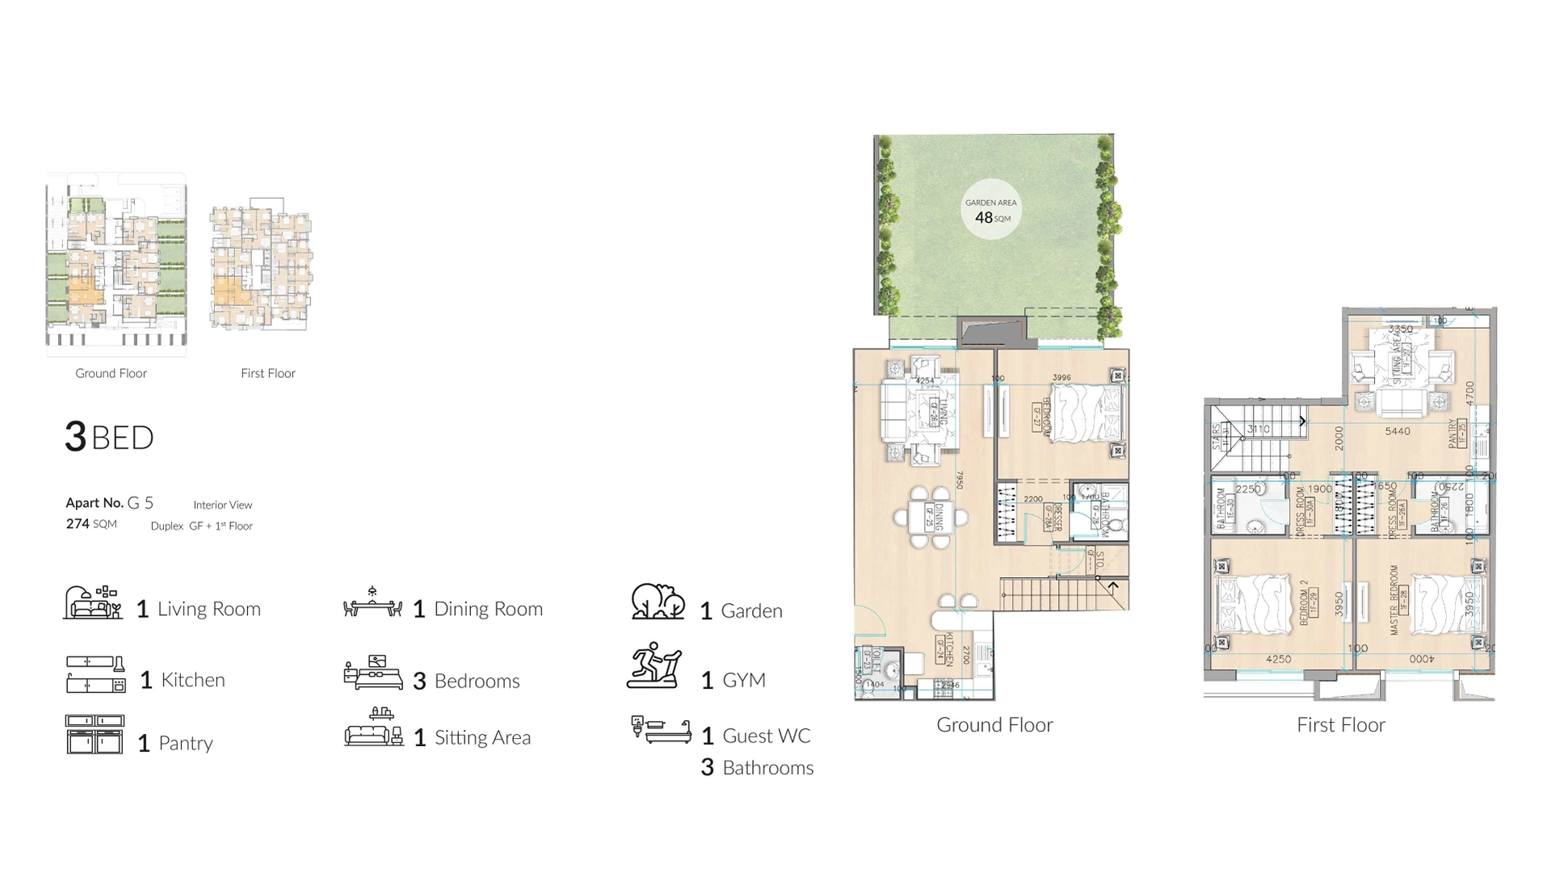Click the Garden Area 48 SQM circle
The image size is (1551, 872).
click(991, 211)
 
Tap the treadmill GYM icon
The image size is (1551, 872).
click(654, 666)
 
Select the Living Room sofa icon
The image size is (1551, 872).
click(93, 603)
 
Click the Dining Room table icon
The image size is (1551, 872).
click(372, 604)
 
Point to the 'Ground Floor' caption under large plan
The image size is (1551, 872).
click(994, 725)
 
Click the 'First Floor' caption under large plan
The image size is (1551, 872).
click(1340, 725)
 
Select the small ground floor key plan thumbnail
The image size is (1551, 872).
click(116, 264)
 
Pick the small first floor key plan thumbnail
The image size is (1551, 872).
click(262, 264)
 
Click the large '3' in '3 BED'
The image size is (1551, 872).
click(75, 437)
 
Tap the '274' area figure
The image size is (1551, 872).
click(78, 524)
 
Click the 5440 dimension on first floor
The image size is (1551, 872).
click(1398, 431)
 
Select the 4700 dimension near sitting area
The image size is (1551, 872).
click(1469, 393)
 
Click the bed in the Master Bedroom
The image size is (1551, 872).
click(1442, 604)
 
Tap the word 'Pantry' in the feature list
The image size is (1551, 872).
click(186, 744)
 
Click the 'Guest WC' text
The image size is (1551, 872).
click(766, 736)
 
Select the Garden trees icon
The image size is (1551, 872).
click(658, 602)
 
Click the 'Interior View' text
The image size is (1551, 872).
click(222, 505)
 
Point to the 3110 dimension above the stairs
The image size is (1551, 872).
click(1259, 429)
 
